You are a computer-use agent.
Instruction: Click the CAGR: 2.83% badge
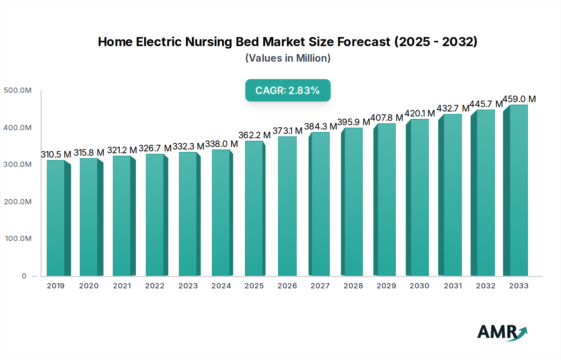[x=288, y=90]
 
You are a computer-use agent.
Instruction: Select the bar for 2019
[x=56, y=218]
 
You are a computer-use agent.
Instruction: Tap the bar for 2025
[x=254, y=209]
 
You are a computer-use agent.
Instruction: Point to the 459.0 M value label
[x=519, y=99]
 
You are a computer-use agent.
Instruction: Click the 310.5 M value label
[x=56, y=154]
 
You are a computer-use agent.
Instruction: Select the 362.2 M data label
[x=254, y=135]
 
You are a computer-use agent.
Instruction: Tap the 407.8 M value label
[x=386, y=118]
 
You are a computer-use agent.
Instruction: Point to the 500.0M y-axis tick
[x=18, y=90]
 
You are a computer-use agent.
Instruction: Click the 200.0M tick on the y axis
[x=18, y=201]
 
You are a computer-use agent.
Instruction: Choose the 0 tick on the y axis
[x=24, y=276]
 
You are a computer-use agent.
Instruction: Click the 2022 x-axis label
[x=155, y=286]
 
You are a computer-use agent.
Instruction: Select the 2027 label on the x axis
[x=320, y=286]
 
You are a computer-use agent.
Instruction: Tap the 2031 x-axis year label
[x=453, y=286]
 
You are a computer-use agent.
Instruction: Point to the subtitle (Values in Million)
[x=288, y=58]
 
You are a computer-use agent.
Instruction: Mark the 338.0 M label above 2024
[x=222, y=144]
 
